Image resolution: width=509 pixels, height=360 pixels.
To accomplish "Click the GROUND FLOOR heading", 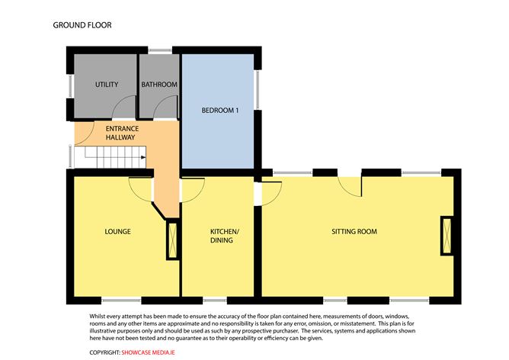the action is click(x=82, y=25).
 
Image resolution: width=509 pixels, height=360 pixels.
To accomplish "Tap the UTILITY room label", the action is click(x=107, y=85).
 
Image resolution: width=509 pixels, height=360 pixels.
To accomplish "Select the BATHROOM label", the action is click(x=159, y=85).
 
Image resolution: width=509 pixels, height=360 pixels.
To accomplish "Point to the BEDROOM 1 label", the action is click(x=220, y=111).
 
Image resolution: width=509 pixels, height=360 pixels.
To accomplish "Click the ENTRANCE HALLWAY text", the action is click(x=122, y=133).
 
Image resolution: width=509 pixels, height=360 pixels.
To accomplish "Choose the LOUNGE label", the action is click(x=118, y=231).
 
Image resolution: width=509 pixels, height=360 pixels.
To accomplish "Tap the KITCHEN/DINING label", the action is click(x=225, y=236).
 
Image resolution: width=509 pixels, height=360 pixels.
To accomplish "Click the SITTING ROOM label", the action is click(x=354, y=231).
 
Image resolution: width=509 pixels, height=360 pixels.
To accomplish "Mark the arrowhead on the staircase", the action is click(x=143, y=158).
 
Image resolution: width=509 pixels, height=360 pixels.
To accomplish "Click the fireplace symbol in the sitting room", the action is click(x=447, y=236).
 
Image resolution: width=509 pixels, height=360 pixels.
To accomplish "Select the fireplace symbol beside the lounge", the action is click(x=173, y=239).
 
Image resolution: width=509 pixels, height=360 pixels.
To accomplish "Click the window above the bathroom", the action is click(x=160, y=50).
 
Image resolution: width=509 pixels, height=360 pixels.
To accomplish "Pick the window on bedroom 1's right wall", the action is click(x=258, y=90).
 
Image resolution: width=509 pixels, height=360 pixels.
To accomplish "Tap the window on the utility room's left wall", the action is click(x=70, y=86).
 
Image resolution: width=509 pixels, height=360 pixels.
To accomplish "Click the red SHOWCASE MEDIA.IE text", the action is click(x=148, y=352).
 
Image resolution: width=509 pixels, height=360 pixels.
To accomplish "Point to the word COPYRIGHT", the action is click(x=105, y=352).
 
